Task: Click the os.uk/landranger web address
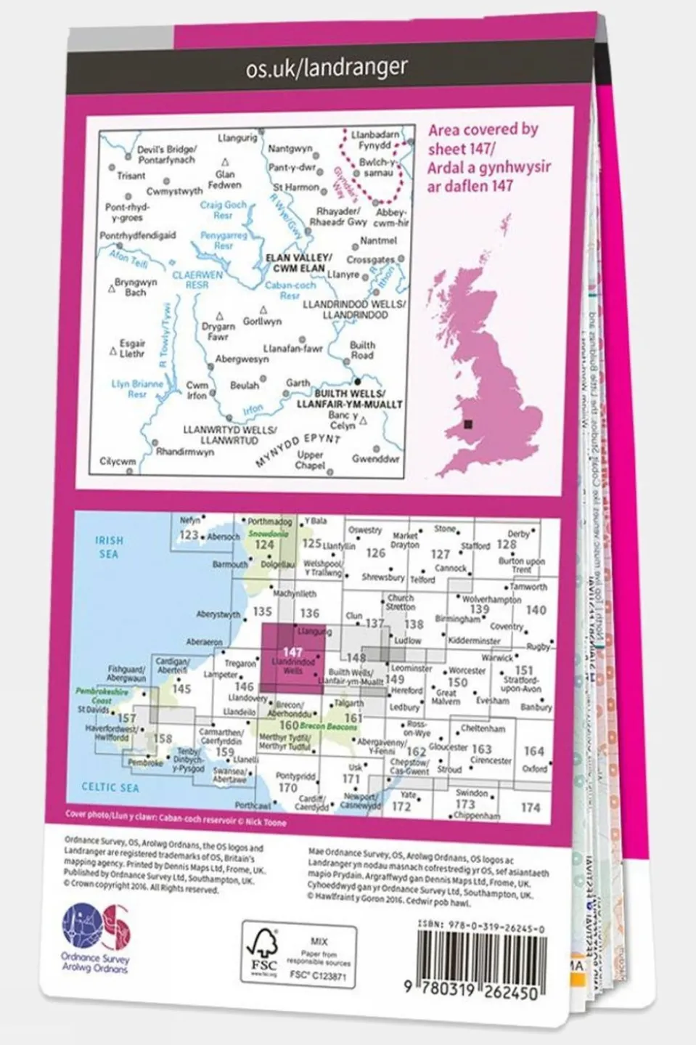click(x=327, y=69)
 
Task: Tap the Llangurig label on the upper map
click(x=237, y=137)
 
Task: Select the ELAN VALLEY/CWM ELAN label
click(x=299, y=263)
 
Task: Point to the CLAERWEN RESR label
click(x=197, y=280)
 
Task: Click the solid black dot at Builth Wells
click(x=357, y=381)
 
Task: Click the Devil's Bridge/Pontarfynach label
click(x=166, y=155)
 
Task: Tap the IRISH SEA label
click(x=110, y=547)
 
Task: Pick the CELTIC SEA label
click(x=110, y=787)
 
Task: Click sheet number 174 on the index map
click(x=531, y=808)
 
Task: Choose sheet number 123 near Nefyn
click(x=189, y=535)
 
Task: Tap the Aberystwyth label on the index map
click(x=218, y=615)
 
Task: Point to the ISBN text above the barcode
click(x=481, y=929)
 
